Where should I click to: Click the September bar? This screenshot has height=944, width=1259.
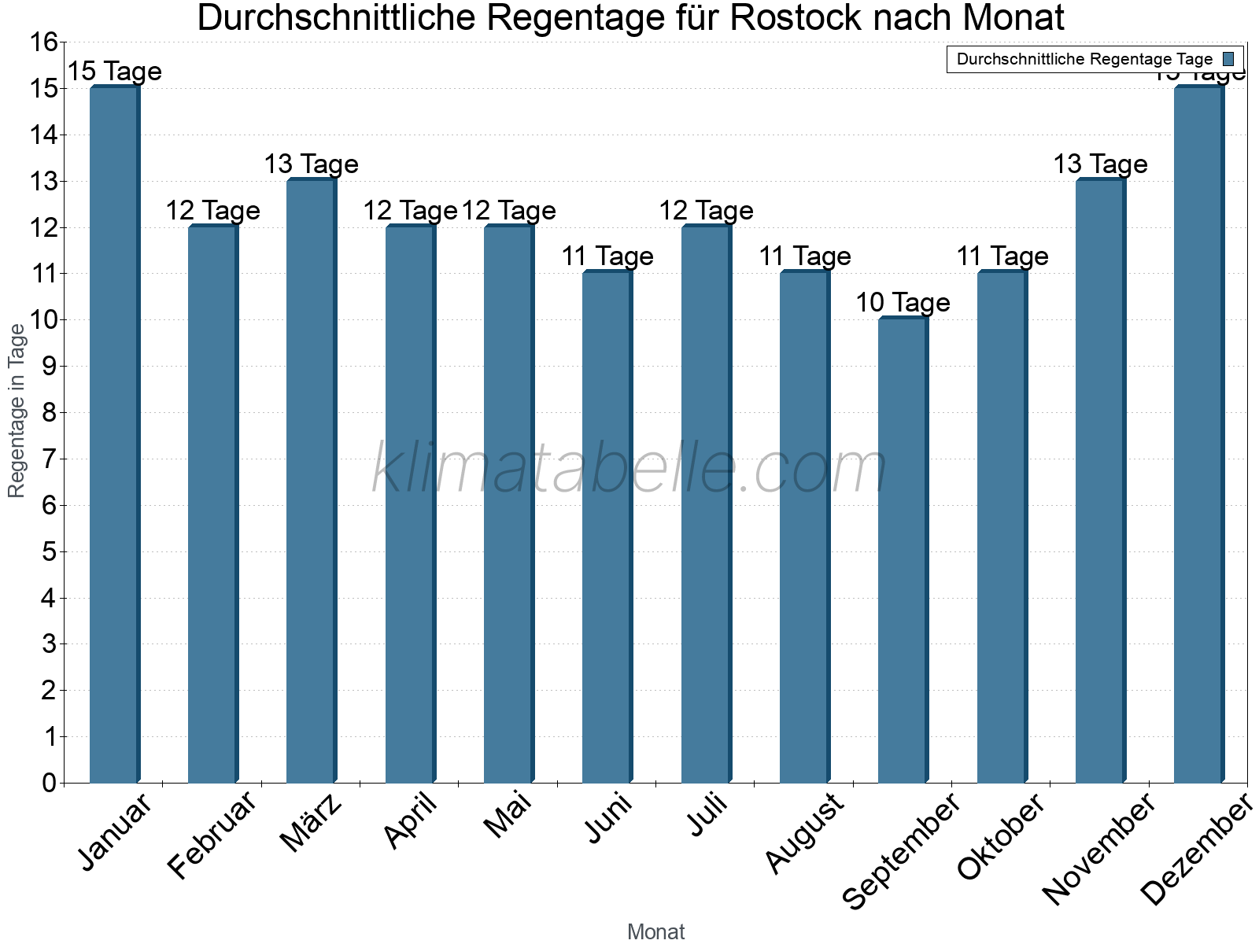[903, 550]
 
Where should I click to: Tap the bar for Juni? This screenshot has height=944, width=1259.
[607, 527]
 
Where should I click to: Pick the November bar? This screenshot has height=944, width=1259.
[1100, 481]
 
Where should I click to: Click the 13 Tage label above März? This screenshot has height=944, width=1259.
[311, 164]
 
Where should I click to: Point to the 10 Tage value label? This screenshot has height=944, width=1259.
[903, 303]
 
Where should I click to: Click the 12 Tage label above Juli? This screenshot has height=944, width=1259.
[706, 211]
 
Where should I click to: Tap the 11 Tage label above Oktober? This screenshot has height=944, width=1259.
[1002, 256]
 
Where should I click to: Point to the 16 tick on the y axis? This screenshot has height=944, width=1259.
[44, 42]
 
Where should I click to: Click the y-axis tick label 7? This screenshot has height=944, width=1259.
[50, 459]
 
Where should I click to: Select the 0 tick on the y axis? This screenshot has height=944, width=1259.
[50, 783]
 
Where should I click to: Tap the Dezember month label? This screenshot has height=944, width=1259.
[1196, 850]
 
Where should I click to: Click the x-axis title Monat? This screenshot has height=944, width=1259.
[655, 932]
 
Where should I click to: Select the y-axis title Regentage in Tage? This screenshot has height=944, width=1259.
[17, 411]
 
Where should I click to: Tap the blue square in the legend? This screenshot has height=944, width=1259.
[1228, 59]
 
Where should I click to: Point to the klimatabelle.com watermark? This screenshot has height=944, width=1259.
[629, 468]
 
